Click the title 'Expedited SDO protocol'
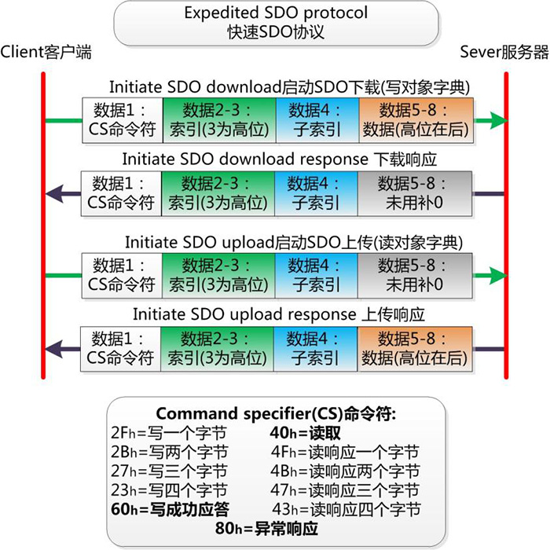point(275,13)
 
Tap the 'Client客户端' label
point(46,53)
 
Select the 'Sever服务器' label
point(504,53)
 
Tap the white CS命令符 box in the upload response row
point(121,349)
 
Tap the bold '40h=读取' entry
point(311,433)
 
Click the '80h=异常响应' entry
point(266,529)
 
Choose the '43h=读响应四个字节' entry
point(345,509)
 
